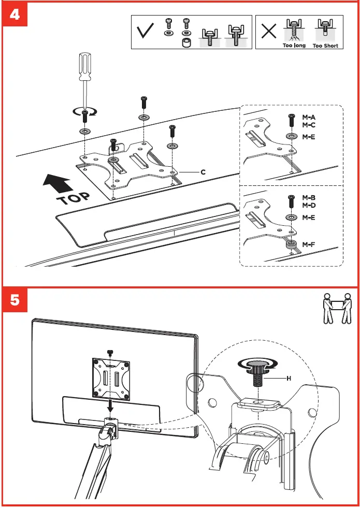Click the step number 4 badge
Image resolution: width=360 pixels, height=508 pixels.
tap(16, 15)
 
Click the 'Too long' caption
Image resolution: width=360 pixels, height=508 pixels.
tap(294, 46)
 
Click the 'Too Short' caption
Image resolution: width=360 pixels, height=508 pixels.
tap(325, 46)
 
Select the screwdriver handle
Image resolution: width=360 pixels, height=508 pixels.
tap(84, 68)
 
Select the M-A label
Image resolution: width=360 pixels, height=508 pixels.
tap(308, 117)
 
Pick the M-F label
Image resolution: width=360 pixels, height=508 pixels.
tap(308, 243)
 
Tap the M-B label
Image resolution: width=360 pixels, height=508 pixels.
tap(308, 198)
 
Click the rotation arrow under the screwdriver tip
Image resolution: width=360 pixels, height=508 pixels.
tap(84, 111)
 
